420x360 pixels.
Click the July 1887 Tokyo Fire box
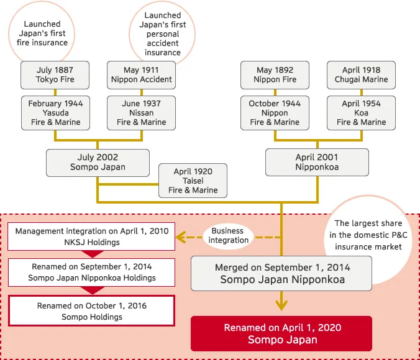(x=55, y=74)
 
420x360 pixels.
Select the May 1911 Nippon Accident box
(x=141, y=74)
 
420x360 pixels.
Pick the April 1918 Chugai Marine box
(x=361, y=74)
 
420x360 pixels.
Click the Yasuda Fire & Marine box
(x=55, y=113)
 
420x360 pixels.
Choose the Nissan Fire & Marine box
(x=141, y=113)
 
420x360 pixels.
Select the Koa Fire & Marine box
(x=361, y=113)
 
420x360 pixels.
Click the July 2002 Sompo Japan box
(x=98, y=163)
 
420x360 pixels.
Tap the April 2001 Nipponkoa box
(x=317, y=163)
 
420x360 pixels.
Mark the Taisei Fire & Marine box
(x=193, y=181)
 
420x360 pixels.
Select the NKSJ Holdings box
(x=92, y=236)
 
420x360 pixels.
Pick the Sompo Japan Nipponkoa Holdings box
(x=92, y=272)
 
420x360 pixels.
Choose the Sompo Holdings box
(x=92, y=311)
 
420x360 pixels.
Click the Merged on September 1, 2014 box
(x=282, y=273)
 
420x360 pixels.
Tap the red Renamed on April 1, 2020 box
(x=282, y=333)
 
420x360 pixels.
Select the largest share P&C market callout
(x=368, y=235)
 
